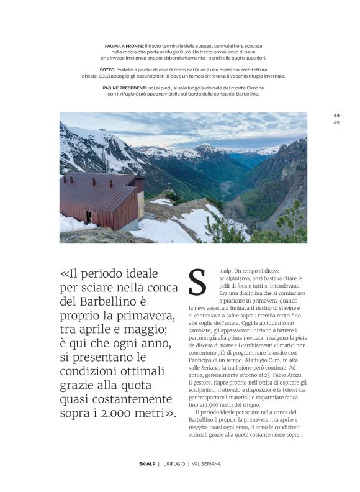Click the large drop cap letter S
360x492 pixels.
(197, 283)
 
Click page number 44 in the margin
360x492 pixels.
(336, 116)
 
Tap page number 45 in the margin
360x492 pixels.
(336, 122)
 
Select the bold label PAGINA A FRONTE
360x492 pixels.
(124, 46)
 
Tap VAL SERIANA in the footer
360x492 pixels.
(207, 464)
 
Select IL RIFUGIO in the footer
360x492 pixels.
(175, 464)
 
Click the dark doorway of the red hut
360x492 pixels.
(89, 217)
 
